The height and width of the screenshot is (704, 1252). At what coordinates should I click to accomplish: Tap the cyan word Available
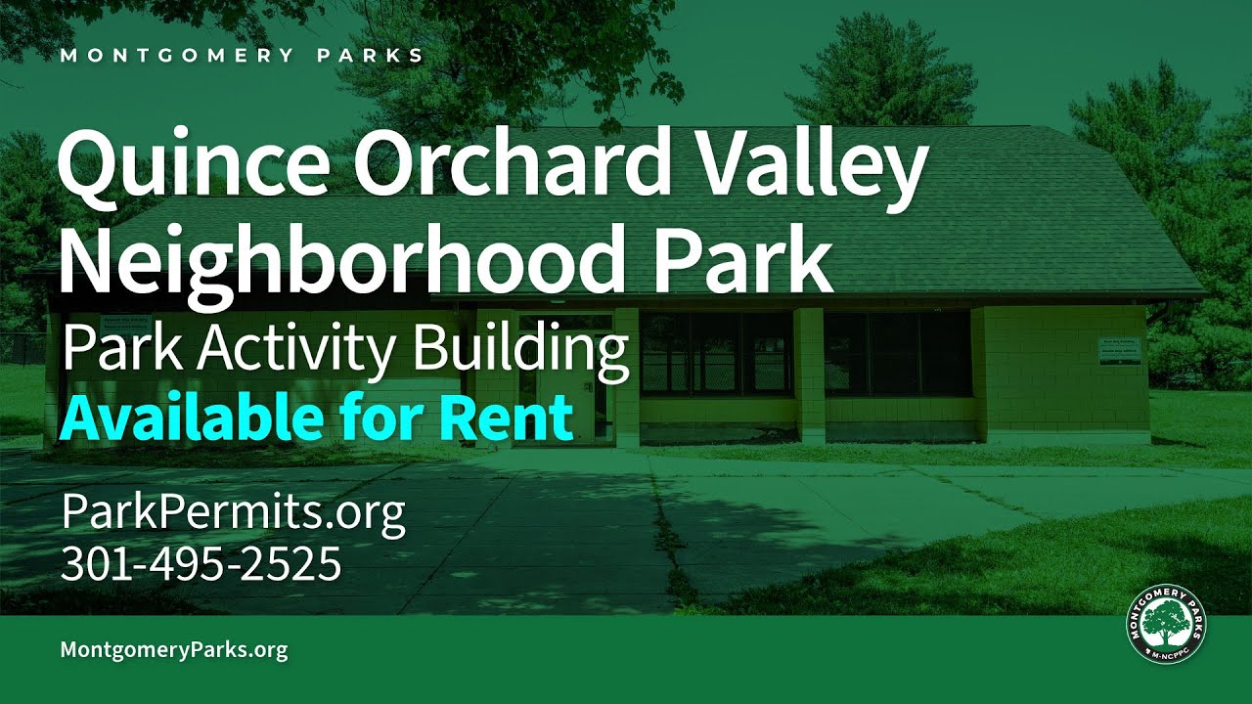pos(192,418)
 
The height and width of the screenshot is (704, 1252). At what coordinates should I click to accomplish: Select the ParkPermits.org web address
pos(233,513)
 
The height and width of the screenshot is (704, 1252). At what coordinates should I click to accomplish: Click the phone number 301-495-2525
pos(201,564)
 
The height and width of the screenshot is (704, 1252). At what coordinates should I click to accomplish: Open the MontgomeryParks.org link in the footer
pos(174,649)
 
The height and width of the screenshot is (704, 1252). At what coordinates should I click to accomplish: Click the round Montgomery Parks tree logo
pos(1167,626)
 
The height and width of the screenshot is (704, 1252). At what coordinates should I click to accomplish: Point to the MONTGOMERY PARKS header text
pos(242,55)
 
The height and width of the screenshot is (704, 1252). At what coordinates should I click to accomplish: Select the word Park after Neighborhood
pos(742,258)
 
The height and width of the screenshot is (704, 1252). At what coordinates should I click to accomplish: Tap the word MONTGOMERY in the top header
pos(176,55)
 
